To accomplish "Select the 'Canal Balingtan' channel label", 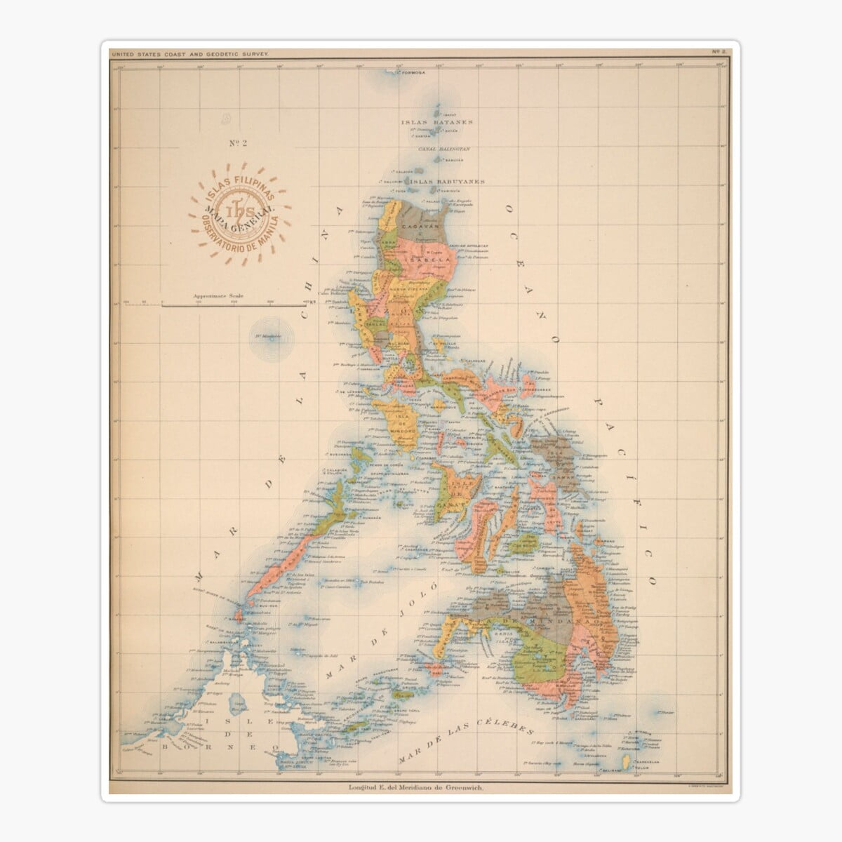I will [x=443, y=149].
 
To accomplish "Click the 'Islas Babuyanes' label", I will [x=447, y=181].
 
